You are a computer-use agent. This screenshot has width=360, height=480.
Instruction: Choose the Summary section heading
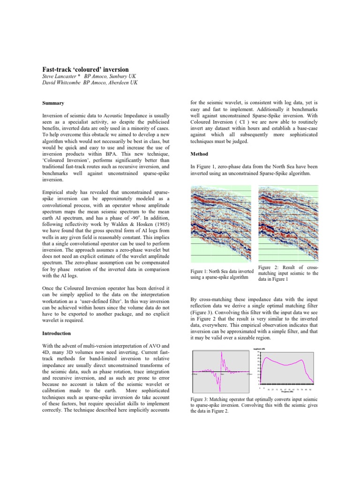coord(53,103)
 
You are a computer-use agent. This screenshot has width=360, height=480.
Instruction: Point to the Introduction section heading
coord(57,333)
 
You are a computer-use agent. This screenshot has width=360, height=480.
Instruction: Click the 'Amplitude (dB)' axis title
coord(260,349)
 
